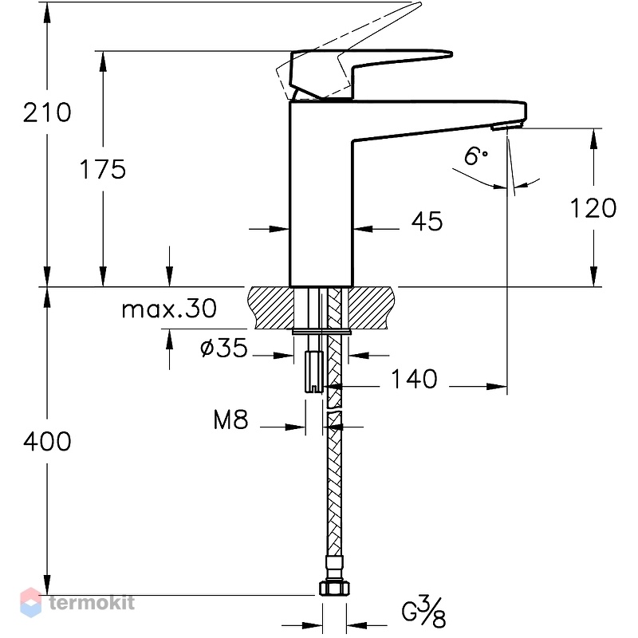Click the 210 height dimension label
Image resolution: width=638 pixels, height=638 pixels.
pos(47,112)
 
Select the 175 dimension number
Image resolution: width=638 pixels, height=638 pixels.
pos(103,169)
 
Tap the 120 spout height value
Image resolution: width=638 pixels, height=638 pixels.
pos(593,208)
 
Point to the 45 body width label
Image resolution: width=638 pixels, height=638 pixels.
pos(427,222)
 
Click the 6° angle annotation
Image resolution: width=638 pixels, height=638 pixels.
pos(475,156)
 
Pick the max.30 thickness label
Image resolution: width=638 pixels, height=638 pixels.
pos(169,309)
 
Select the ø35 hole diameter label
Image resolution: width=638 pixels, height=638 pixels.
pos(224,348)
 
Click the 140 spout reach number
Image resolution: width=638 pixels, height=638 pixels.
pos(414,379)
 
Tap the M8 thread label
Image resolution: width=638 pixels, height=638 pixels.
pos(230,419)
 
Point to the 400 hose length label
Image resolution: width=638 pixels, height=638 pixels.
pos(47,442)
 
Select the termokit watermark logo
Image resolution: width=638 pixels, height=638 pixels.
pos(77,602)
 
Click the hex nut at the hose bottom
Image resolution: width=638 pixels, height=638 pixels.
pos(334,589)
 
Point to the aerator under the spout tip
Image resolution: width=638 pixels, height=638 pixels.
pos(502,128)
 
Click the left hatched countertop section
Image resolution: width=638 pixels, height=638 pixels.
pos(270,308)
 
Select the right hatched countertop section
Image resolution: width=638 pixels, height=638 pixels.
pos(371,308)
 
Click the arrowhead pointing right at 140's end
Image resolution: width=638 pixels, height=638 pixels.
pos(497,386)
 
